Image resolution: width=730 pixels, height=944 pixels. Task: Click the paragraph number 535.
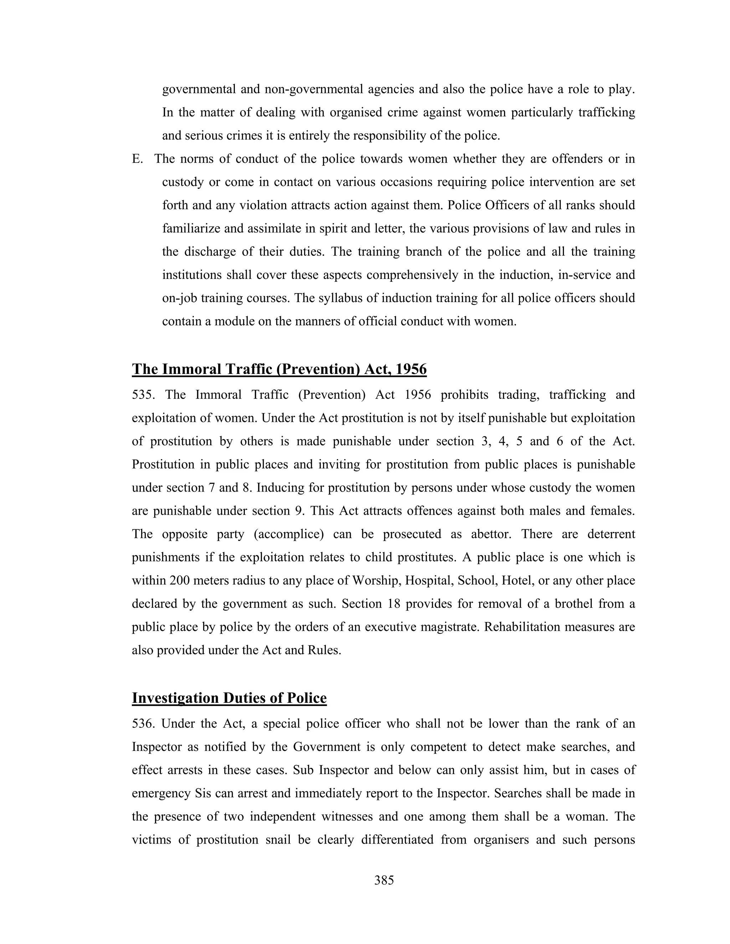(x=143, y=395)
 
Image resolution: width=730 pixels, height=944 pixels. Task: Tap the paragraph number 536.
(x=143, y=723)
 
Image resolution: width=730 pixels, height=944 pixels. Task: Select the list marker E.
(x=137, y=159)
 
